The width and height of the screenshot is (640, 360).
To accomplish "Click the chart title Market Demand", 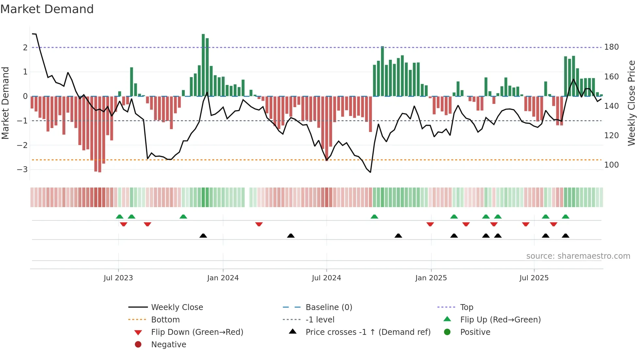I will pos(47,9).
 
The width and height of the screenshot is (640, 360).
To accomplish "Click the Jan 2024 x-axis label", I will pos(223,278).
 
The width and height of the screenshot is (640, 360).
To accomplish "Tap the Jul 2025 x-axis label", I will pos(534,278).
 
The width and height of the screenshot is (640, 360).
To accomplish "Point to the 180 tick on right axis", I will pos(611,47).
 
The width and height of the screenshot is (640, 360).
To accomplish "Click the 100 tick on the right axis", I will pos(611,165).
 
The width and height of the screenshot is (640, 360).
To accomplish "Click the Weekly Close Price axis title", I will pos(632,103).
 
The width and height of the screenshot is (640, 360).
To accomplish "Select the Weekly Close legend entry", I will pos(177,307).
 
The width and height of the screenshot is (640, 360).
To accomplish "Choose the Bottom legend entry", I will pos(165,320).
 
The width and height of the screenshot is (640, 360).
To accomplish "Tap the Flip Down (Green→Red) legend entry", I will pos(197,332).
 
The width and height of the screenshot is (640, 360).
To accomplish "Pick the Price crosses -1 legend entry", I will pos(368,332).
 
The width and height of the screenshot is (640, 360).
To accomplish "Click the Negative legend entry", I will pos(168,345).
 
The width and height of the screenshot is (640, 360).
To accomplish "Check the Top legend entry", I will pos(466,307).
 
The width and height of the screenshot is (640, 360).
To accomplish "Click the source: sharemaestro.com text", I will pos(578,256).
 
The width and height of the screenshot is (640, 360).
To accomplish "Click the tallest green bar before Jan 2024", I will pos(203,65).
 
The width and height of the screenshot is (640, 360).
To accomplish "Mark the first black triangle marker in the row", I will pos(203,236).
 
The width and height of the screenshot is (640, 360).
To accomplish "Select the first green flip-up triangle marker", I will pos(120,217).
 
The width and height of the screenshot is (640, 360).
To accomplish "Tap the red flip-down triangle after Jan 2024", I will pos(259,224).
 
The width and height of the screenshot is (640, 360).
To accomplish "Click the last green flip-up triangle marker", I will pos(566,217).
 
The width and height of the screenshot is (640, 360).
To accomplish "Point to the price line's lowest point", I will pos(370,172).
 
